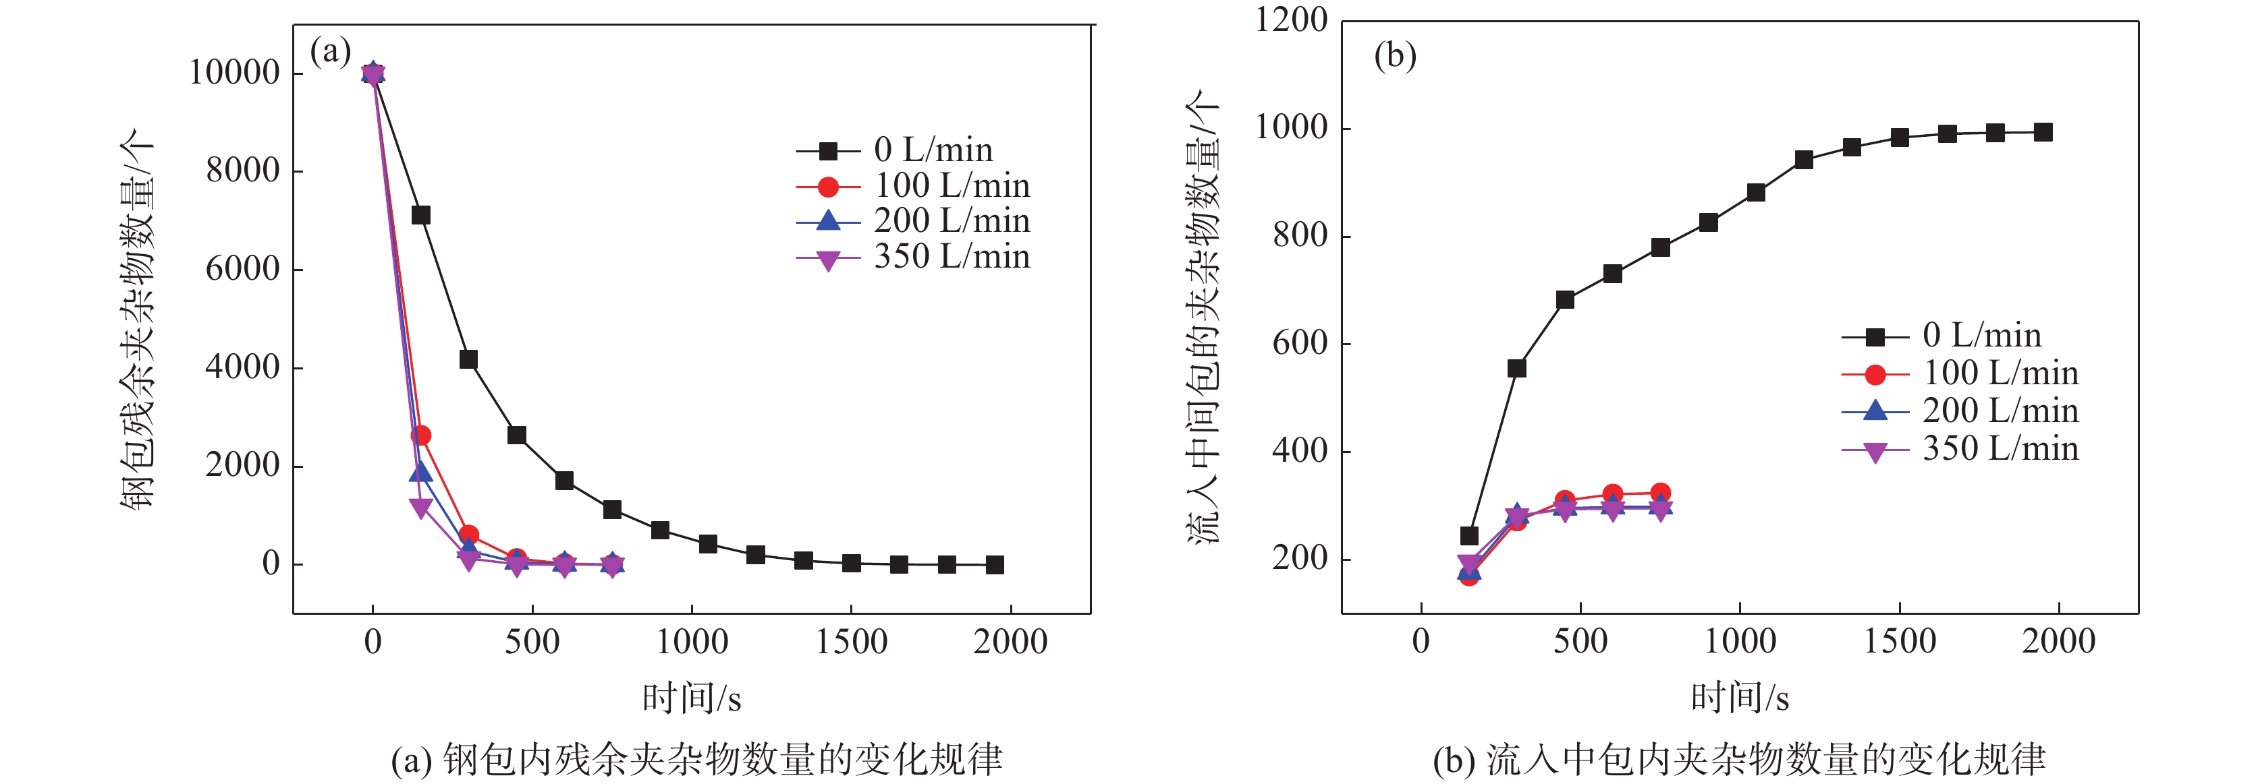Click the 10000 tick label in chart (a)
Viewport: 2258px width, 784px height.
234,73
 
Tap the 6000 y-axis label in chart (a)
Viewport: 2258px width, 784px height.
242,269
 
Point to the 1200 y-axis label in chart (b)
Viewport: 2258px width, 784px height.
1291,20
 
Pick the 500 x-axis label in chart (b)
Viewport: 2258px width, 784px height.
1580,641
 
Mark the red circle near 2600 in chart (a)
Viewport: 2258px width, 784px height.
420,435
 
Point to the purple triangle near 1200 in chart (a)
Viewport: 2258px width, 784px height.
420,507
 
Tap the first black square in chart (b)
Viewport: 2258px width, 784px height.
1469,536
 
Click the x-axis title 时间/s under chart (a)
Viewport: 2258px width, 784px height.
692,699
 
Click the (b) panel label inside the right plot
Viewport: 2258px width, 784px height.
1396,56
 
